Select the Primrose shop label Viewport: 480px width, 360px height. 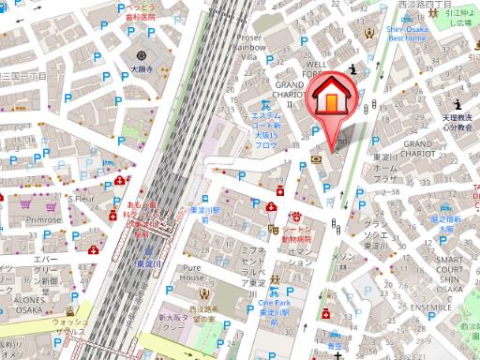44,218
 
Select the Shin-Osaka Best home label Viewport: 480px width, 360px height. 407,35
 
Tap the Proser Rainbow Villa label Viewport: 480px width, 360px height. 247,47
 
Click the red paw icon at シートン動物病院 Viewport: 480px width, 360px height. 302,217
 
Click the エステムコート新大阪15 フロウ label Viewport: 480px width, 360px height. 266,130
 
